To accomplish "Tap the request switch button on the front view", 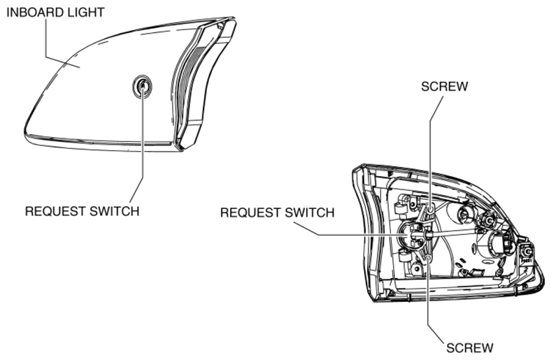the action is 143,86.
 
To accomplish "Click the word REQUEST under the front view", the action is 55,211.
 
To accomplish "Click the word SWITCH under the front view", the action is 115,211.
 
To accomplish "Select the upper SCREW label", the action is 445,87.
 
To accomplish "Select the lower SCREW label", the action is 470,348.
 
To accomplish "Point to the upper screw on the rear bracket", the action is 430,210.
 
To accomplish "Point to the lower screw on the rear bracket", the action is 428,259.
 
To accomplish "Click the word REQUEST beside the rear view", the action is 250,213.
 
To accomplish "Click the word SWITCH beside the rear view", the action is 310,213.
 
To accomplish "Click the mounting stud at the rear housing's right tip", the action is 527,252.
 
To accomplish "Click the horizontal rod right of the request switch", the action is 453,233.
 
